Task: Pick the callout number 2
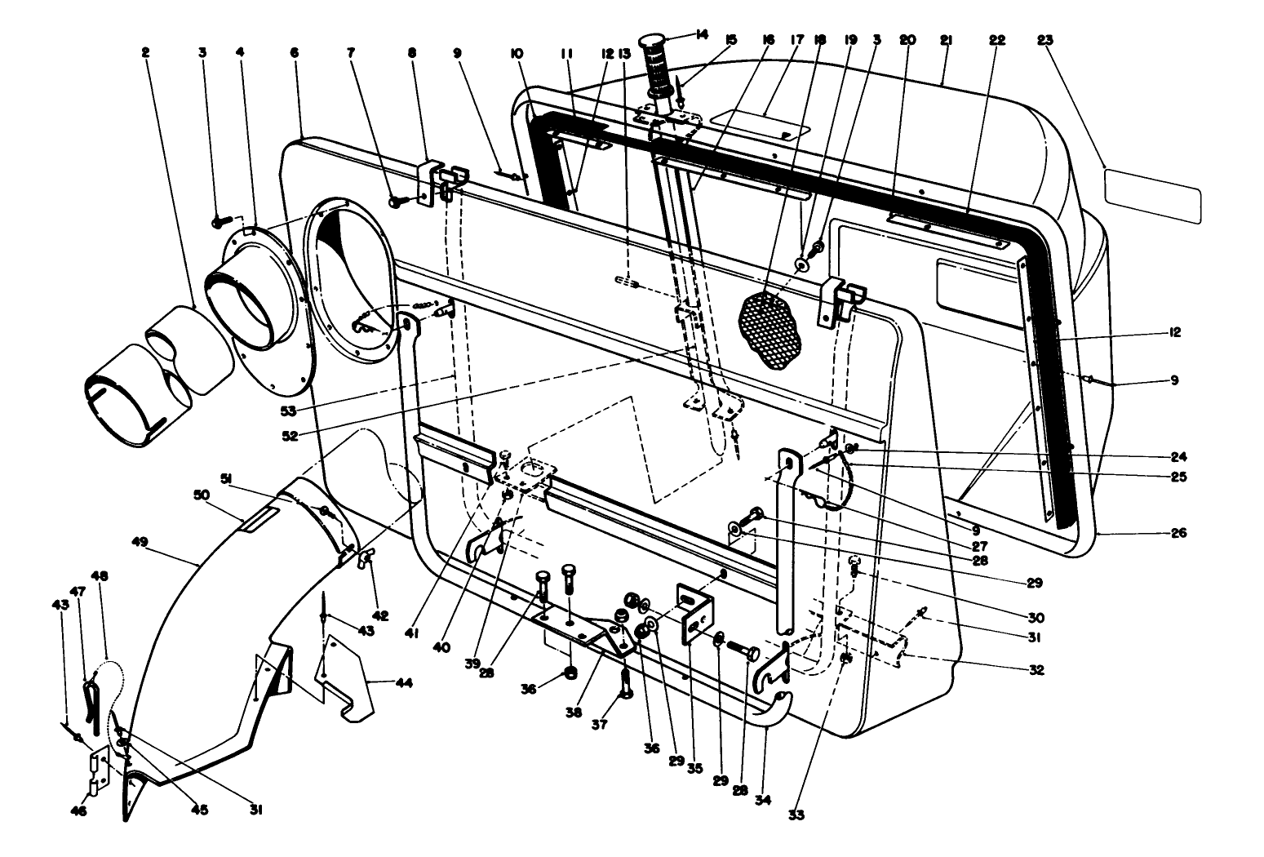pos(145,52)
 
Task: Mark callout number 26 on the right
pos(1178,533)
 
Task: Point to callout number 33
pos(796,814)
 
